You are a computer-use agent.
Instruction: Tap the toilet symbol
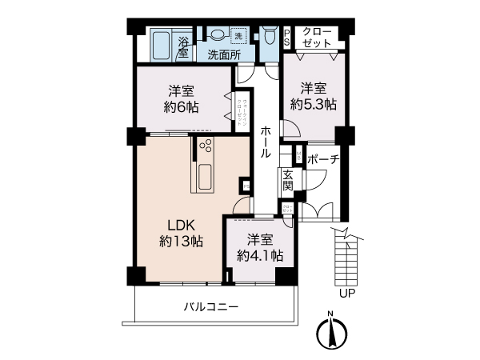coord(268,38)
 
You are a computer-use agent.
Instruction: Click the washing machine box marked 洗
coord(238,35)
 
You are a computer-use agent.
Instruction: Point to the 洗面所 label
coord(225,54)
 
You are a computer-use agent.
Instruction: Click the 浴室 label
coord(183,47)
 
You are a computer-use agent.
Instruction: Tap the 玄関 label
coord(287,181)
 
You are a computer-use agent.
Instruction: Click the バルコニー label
coord(210,307)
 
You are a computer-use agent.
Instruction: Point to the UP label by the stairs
coord(346,293)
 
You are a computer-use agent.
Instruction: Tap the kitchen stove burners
coord(205,147)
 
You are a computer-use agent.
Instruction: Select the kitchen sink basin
coord(202,175)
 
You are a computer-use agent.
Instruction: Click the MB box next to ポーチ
coord(298,153)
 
